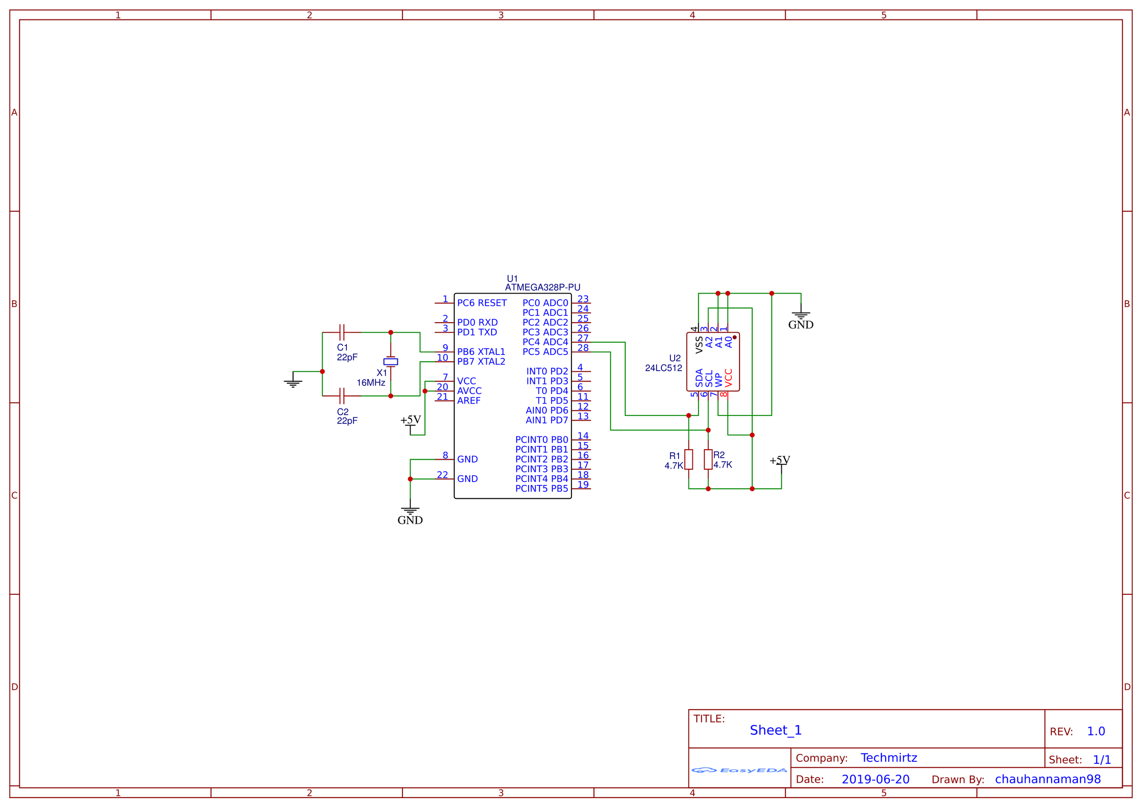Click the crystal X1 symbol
391,362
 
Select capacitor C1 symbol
342,332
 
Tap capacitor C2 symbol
342,396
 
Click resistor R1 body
689,459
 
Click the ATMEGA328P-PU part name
542,287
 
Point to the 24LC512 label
663,368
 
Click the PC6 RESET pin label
482,303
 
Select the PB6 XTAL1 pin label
481,352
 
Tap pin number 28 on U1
583,348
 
